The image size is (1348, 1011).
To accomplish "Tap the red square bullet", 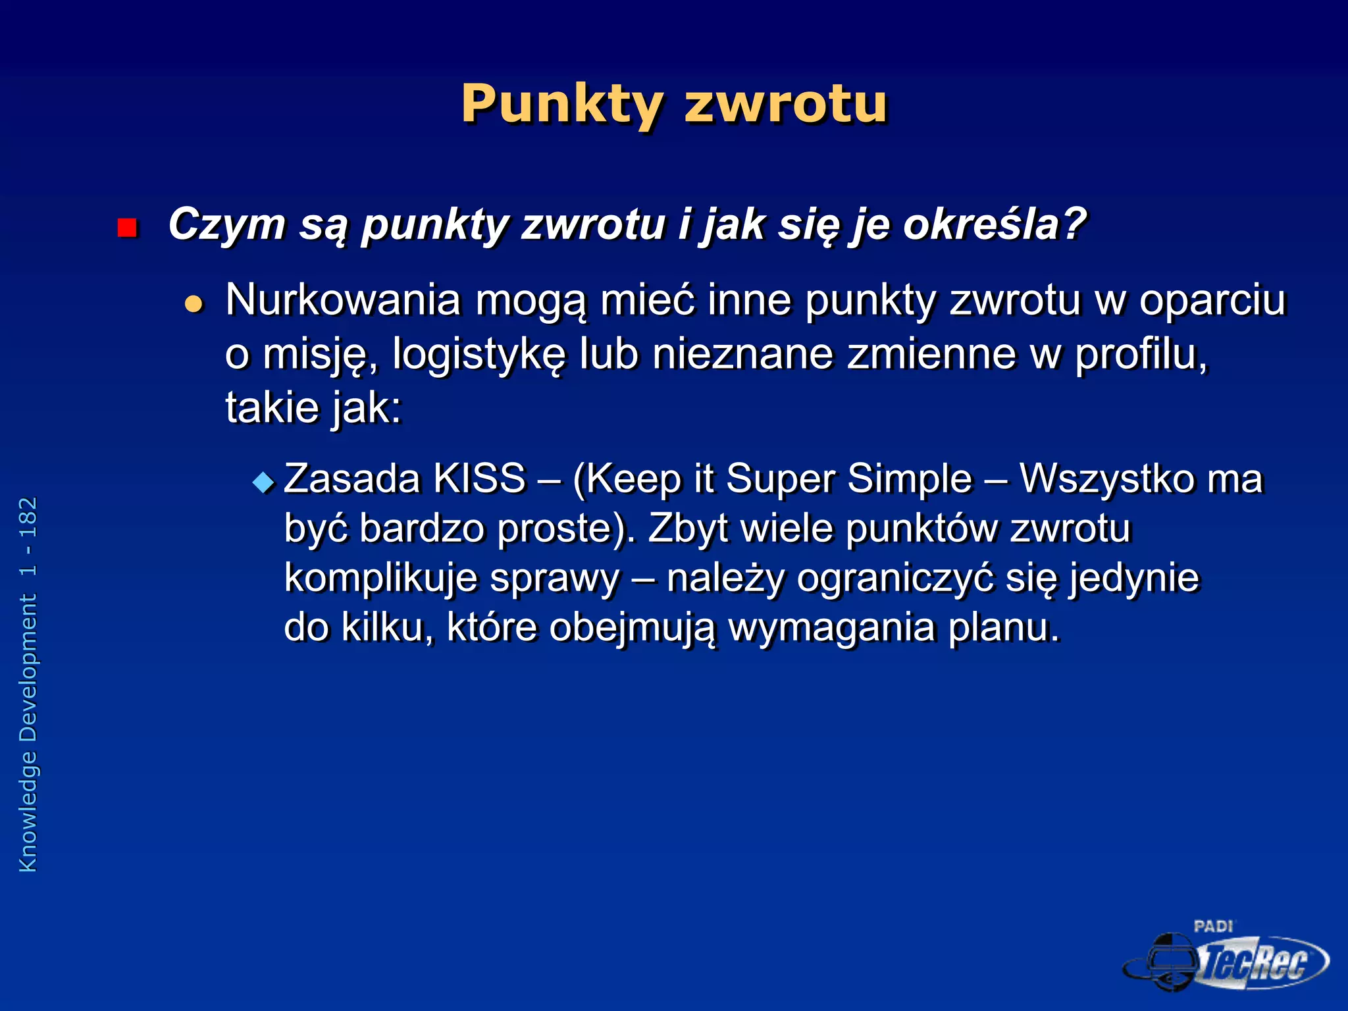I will point(126,228).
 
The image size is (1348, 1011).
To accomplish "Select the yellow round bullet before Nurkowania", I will point(194,303).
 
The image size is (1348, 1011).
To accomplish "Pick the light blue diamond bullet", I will point(263,482).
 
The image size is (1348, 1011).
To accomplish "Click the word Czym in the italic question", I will point(226,225).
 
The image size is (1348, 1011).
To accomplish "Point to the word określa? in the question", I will point(994,225).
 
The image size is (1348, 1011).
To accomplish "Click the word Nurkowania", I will point(343,300).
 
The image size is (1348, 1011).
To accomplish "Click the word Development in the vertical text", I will point(28,667).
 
